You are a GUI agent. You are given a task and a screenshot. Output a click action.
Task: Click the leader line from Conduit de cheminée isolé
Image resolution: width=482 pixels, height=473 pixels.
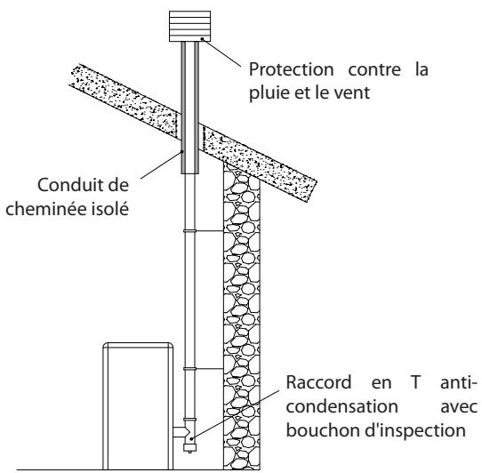(160, 169)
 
